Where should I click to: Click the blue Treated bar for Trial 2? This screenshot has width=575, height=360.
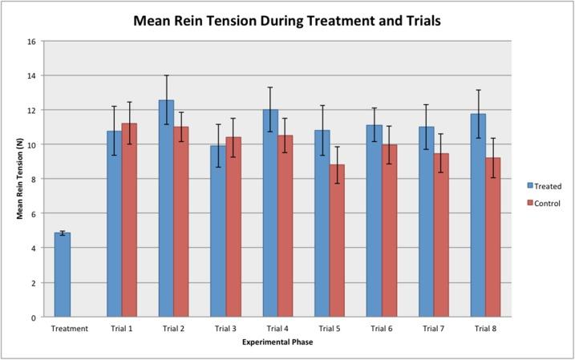pyautogui.click(x=166, y=209)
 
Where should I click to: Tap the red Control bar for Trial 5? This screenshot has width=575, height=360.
pyautogui.click(x=338, y=241)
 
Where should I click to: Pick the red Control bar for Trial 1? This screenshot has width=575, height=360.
pyautogui.click(x=129, y=220)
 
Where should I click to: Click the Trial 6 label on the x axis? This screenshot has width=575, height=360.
pyautogui.click(x=382, y=329)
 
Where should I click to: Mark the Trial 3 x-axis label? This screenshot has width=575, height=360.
pyautogui.click(x=225, y=329)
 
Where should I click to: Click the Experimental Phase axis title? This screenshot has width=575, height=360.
pyautogui.click(x=277, y=342)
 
